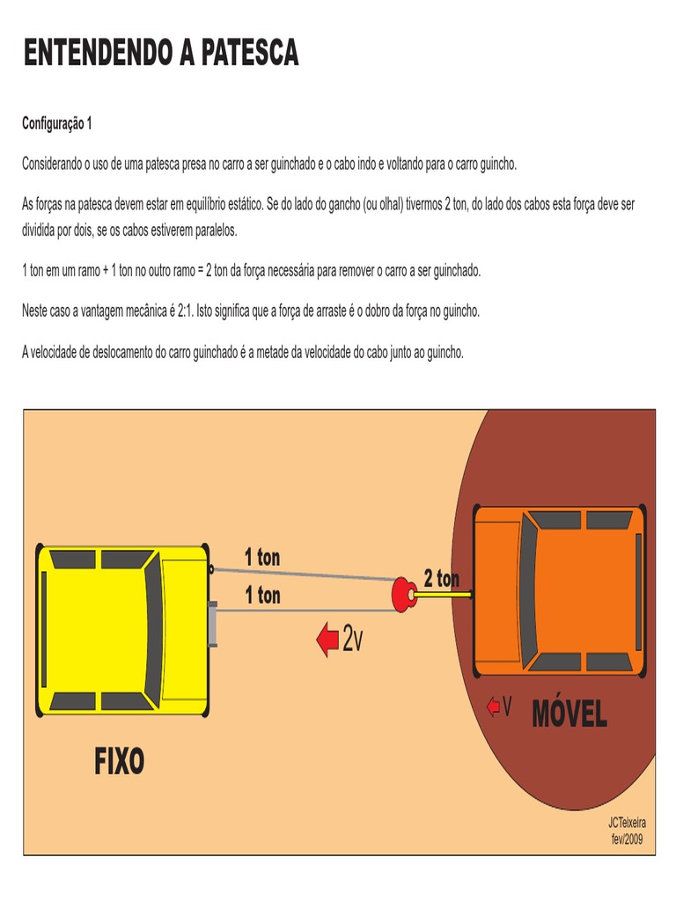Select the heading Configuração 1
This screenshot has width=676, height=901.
click(56, 124)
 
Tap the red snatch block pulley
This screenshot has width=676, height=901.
click(405, 595)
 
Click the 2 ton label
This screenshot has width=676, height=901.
click(441, 579)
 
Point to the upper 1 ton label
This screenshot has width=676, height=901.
click(262, 557)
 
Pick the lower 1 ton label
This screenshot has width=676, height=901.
click(262, 596)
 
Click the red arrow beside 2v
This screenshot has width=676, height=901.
click(327, 640)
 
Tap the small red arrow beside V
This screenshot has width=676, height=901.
click(493, 707)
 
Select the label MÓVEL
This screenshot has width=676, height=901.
click(569, 714)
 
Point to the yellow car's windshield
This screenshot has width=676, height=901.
click(153, 626)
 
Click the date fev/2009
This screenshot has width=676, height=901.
click(627, 839)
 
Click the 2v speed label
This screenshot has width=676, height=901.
click(353, 640)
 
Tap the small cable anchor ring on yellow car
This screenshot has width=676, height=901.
click(211, 568)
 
